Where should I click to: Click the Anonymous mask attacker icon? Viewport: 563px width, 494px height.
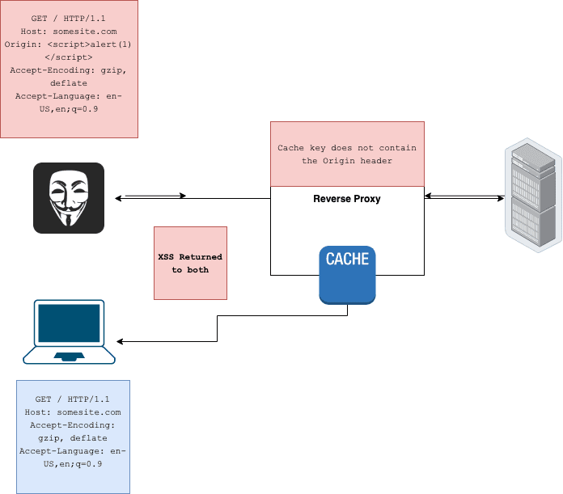tap(69, 198)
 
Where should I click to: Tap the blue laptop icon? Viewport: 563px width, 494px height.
tap(69, 331)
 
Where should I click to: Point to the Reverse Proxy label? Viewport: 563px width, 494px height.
tap(346, 199)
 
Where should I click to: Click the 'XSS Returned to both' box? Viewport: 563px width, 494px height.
tap(190, 263)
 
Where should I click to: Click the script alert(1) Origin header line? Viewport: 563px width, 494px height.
tap(69, 50)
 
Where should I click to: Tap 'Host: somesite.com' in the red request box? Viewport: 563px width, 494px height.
tap(69, 31)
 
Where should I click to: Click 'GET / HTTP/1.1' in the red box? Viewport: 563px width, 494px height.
tap(69, 18)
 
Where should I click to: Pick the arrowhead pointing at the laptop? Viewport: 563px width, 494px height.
tap(121, 340)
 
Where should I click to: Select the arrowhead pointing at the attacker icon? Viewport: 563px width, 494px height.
tap(119, 197)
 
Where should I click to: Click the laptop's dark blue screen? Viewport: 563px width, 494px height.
tap(69, 323)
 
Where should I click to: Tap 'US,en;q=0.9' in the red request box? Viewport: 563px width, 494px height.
tap(69, 108)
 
